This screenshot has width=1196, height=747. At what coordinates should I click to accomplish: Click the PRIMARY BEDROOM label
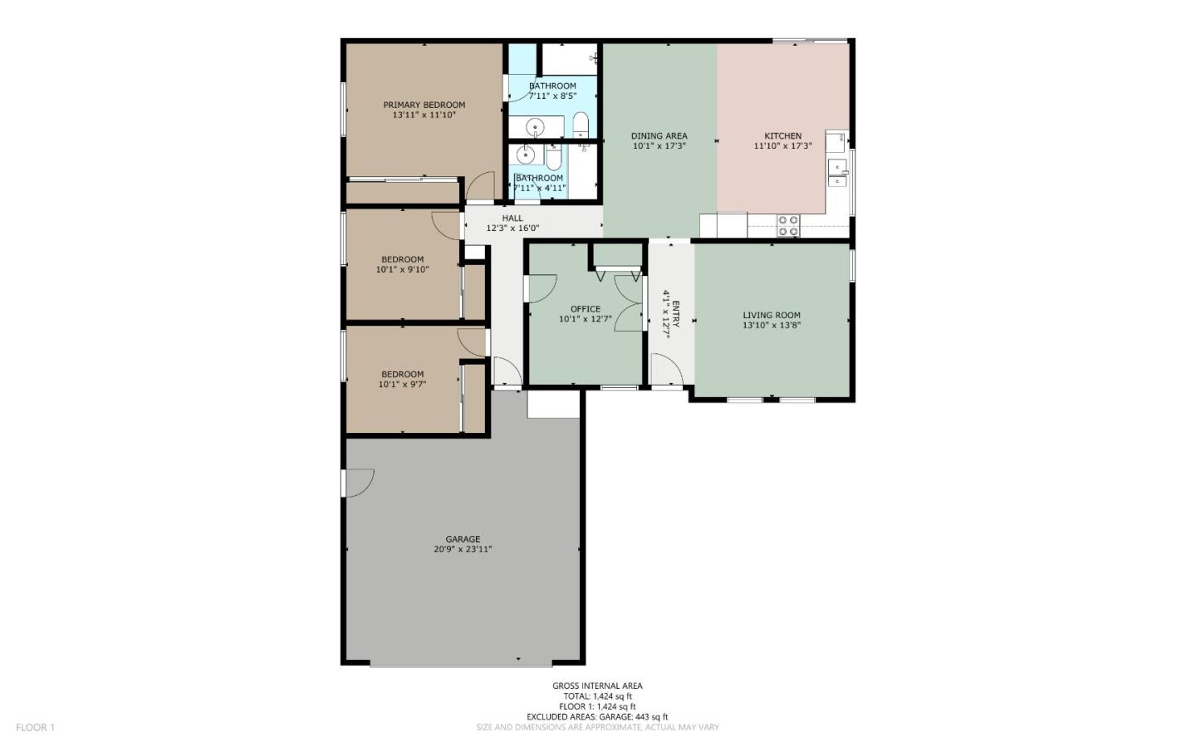(424, 105)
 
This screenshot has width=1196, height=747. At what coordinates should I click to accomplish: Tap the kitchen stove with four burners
(788, 225)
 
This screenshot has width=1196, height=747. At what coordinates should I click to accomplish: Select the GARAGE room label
(463, 539)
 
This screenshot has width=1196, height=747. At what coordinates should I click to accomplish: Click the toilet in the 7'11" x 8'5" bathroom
(581, 124)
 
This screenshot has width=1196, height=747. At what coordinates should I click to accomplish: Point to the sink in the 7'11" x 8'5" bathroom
(535, 127)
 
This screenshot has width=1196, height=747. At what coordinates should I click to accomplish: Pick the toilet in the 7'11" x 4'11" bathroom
(554, 156)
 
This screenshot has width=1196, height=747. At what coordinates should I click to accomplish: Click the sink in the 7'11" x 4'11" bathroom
(527, 155)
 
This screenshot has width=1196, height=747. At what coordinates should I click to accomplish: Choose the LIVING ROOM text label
(772, 315)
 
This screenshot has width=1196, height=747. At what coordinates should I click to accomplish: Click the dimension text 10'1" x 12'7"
(586, 319)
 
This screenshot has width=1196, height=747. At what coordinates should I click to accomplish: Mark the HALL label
(512, 218)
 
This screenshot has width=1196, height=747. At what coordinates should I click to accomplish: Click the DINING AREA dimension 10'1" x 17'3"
(659, 145)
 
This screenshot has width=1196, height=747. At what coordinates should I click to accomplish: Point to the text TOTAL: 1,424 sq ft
(597, 695)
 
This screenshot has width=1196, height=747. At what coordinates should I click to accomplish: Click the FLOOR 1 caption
(35, 727)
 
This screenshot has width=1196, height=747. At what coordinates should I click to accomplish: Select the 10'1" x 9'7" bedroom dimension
(402, 384)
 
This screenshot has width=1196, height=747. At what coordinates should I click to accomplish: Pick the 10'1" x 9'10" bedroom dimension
(402, 269)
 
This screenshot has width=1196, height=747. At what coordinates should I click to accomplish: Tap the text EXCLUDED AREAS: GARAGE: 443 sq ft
(597, 717)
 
